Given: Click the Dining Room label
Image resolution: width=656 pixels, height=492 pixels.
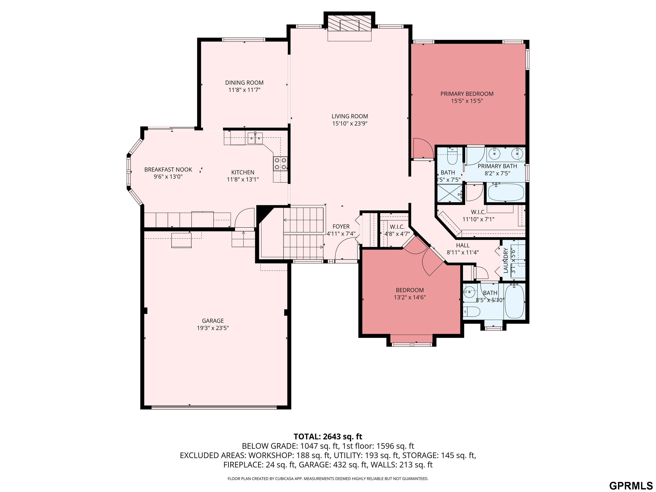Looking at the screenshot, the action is pyautogui.click(x=244, y=83).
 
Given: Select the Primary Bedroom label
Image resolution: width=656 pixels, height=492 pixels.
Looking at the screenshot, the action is pyautogui.click(x=467, y=94).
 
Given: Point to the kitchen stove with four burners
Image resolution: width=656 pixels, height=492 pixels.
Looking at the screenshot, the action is pyautogui.click(x=280, y=163).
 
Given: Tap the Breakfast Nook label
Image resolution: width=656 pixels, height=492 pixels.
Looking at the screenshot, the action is pyautogui.click(x=168, y=170).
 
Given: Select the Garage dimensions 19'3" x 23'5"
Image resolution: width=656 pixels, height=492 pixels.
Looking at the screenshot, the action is pyautogui.click(x=213, y=328).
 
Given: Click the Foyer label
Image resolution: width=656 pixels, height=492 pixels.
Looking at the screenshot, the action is pyautogui.click(x=341, y=227).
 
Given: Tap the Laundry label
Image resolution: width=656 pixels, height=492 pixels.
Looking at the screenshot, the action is pyautogui.click(x=506, y=260).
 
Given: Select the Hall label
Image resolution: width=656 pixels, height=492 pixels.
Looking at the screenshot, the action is pyautogui.click(x=463, y=245).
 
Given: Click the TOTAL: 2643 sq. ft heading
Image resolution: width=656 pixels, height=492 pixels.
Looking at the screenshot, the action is pyautogui.click(x=328, y=436).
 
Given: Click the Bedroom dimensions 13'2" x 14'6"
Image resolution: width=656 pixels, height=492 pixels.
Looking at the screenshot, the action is pyautogui.click(x=410, y=297).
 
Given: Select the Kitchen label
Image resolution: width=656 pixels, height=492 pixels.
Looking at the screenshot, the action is pyautogui.click(x=243, y=172).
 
